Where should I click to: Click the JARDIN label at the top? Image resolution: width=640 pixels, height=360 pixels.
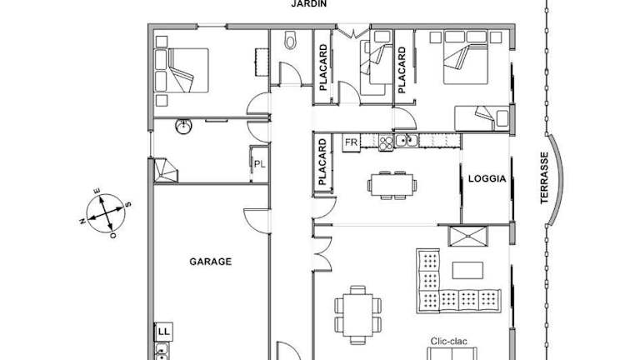click(x=309, y=3)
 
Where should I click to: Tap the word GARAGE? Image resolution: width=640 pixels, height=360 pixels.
click(x=210, y=261)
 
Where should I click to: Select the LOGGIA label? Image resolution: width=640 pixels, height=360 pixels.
click(x=487, y=178)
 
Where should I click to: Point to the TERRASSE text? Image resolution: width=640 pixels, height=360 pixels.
click(x=544, y=178)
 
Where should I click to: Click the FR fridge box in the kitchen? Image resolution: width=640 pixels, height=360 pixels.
click(x=351, y=142)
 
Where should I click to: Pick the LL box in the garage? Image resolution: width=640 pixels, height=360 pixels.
click(x=163, y=332)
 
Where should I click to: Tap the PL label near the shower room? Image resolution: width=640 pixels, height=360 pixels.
click(x=260, y=164)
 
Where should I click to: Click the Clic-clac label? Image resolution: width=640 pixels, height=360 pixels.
click(x=448, y=341)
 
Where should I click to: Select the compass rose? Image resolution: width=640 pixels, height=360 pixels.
click(x=106, y=213)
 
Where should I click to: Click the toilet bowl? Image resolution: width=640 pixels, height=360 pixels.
click(x=290, y=40)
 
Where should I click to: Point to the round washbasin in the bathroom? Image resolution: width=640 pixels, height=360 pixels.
click(x=183, y=127)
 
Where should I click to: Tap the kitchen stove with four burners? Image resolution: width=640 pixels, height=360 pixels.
click(x=386, y=142)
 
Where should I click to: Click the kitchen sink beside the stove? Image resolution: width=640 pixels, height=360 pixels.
click(x=406, y=140)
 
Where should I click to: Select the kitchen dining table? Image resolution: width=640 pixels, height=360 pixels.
click(x=392, y=186)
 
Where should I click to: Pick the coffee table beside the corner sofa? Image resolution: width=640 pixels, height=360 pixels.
click(x=467, y=270)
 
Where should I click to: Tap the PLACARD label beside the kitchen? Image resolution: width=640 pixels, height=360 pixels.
click(x=322, y=162)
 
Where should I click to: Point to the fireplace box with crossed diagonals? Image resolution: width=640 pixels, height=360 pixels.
click(x=467, y=237)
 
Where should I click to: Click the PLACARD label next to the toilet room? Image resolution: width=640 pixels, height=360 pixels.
click(x=323, y=67)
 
